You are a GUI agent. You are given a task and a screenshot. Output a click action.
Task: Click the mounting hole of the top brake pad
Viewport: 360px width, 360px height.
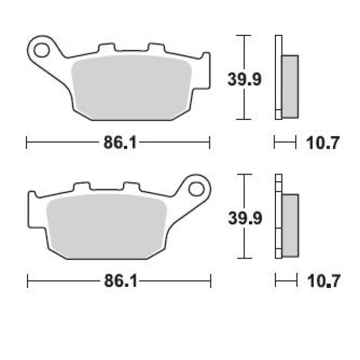41,50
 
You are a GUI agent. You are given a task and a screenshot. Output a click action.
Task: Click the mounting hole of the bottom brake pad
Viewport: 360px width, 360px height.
196,189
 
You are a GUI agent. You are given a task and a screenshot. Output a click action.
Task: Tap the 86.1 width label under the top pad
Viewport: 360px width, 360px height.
120,142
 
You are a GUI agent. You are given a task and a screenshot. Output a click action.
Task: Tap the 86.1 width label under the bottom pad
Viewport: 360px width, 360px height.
121,281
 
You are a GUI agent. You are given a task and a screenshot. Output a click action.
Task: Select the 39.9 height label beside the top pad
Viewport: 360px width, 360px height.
244,79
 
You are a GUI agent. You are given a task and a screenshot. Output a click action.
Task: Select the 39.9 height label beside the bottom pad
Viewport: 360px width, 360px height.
245,218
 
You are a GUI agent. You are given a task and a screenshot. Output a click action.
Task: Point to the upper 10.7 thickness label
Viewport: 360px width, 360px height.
323,143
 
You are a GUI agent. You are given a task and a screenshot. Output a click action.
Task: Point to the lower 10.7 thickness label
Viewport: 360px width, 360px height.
323,281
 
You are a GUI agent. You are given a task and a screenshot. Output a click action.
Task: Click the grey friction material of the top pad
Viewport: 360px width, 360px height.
131,87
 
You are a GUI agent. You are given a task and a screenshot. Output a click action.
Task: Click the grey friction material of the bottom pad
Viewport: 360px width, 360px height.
106,226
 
